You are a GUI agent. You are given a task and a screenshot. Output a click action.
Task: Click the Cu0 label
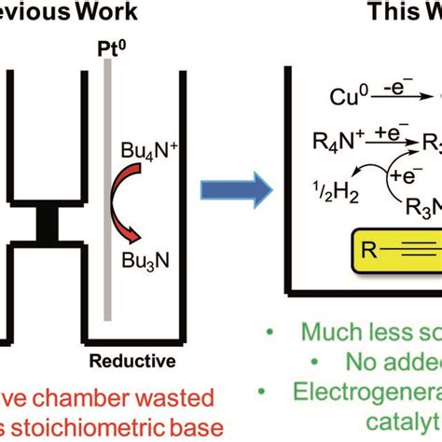tap(348, 97)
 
